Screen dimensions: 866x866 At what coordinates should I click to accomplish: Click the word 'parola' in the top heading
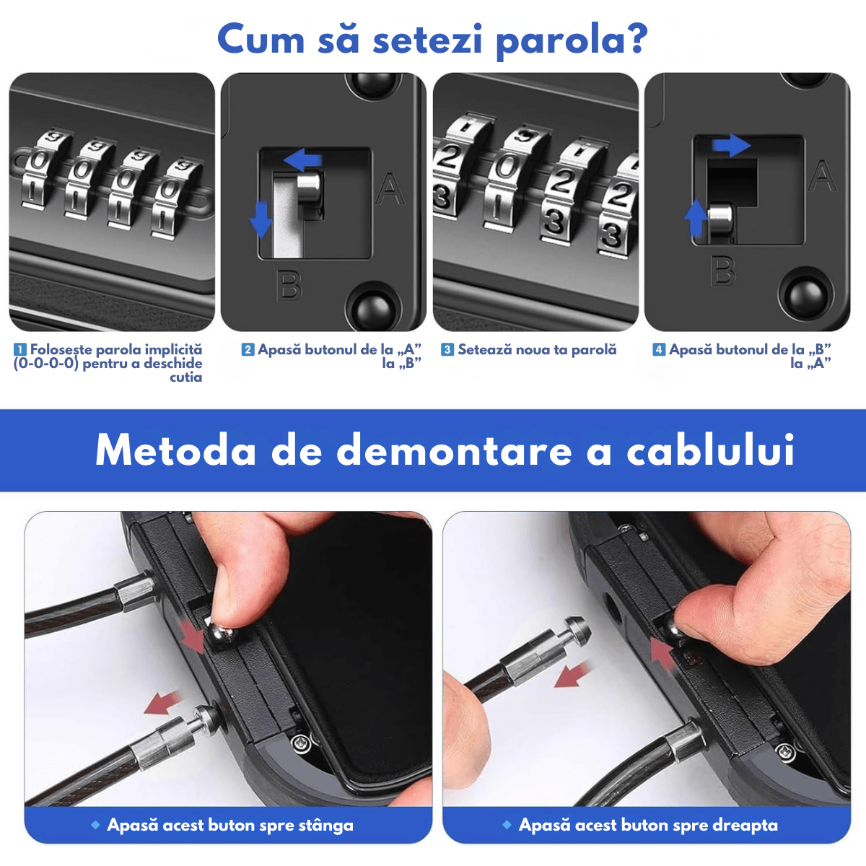point(570,40)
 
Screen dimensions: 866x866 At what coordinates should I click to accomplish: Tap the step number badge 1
point(20,350)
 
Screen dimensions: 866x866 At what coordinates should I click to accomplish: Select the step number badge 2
point(248,350)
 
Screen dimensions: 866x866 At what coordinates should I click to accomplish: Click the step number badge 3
point(447,350)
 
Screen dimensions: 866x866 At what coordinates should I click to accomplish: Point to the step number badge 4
point(658,350)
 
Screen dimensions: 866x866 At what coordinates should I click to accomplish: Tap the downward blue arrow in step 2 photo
point(261,219)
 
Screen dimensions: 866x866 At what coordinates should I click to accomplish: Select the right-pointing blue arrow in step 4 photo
point(731,145)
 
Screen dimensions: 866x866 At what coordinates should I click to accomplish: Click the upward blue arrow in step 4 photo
point(696,217)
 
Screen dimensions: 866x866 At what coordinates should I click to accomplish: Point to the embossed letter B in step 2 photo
point(290,286)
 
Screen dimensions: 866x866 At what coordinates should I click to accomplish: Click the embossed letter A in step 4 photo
point(822,177)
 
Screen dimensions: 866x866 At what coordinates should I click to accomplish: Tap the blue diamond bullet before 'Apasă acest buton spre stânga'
point(95,824)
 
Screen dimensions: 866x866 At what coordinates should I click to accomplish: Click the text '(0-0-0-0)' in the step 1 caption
point(45,364)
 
